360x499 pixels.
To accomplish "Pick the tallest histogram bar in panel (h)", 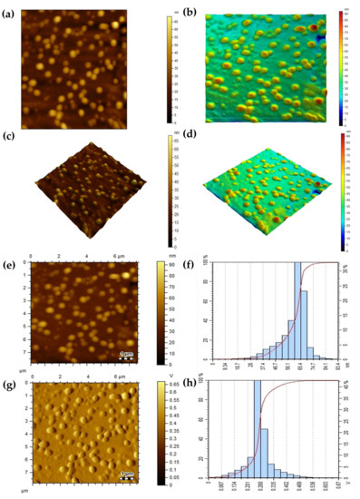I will pos(257,427).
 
